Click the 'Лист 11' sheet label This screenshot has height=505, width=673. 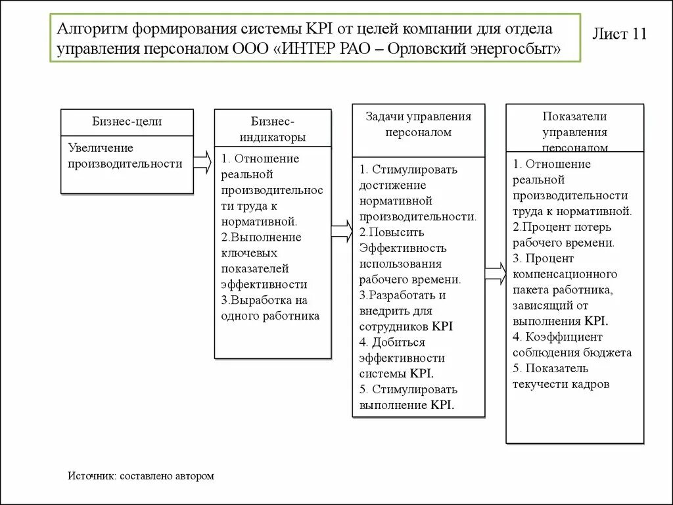click(x=620, y=34)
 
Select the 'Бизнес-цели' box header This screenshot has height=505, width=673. click(x=127, y=122)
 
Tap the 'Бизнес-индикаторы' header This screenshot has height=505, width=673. click(x=272, y=130)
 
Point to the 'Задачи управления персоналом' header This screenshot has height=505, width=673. click(x=419, y=124)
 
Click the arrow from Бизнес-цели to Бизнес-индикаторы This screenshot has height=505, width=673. click(x=204, y=162)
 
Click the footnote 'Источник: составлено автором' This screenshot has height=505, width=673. click(x=141, y=475)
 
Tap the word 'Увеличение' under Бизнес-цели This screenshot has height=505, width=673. click(x=101, y=148)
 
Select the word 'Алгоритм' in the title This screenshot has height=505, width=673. click(x=91, y=30)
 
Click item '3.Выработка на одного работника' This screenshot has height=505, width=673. click(x=270, y=308)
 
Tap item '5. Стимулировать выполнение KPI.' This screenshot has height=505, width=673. click(x=408, y=397)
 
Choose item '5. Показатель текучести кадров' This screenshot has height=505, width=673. click(x=561, y=376)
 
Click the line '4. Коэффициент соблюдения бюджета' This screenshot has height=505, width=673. click(x=572, y=345)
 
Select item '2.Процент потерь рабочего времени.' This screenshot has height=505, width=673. click(x=563, y=235)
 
